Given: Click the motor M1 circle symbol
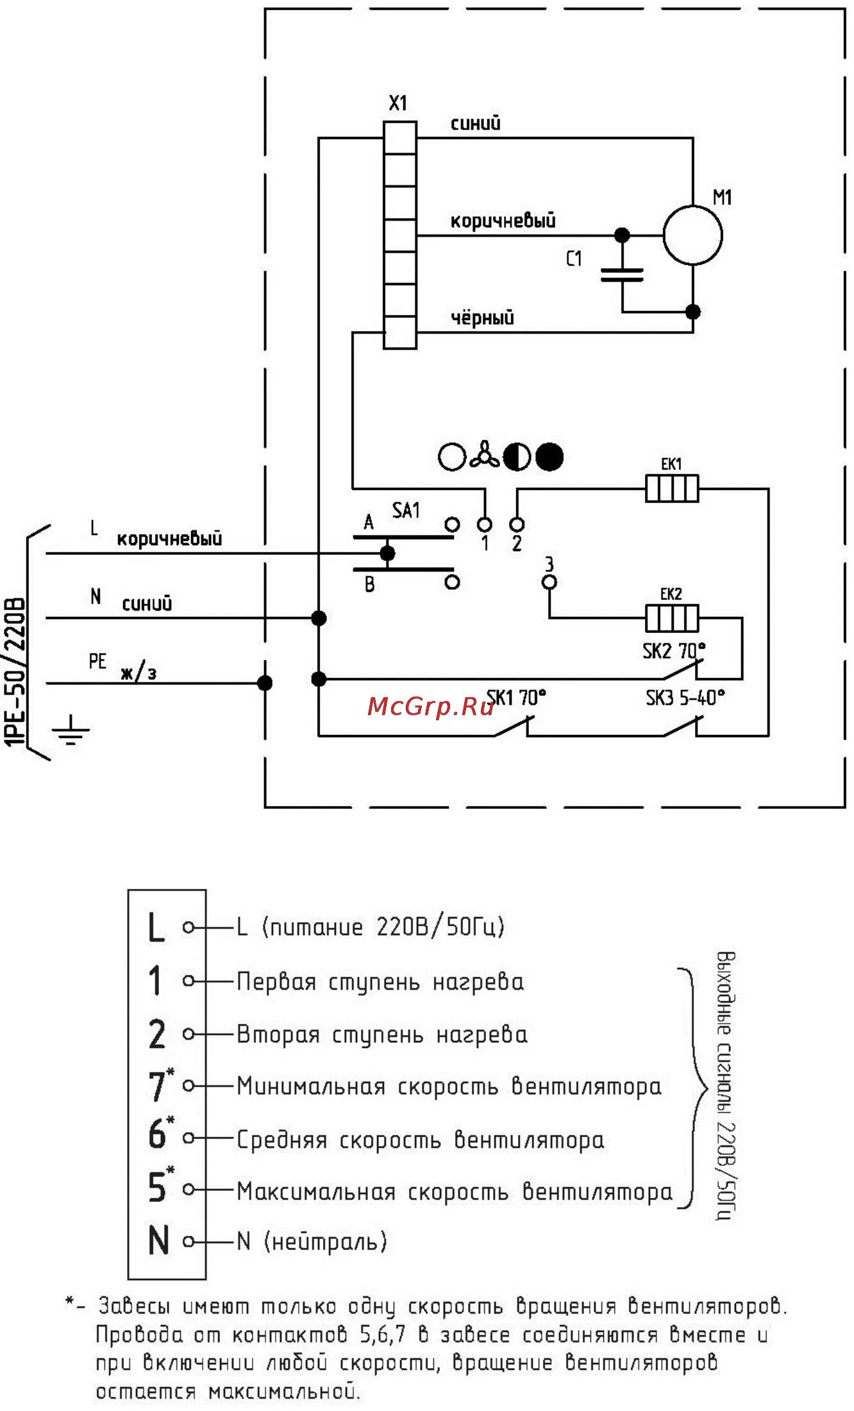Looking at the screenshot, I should [x=692, y=235].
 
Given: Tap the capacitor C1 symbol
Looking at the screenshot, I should [x=621, y=276].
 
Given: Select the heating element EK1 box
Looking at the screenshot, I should [x=671, y=488].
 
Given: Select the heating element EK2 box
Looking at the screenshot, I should [x=671, y=618].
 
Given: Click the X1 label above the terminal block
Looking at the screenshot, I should [x=398, y=103].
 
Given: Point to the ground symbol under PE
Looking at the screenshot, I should [x=71, y=730].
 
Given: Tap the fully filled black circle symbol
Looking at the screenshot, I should [x=549, y=457].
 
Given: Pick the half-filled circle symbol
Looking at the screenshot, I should [x=517, y=457].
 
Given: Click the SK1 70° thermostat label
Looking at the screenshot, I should [x=517, y=697].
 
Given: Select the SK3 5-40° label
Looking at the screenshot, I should [x=685, y=697].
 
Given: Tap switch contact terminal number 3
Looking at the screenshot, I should [x=549, y=581].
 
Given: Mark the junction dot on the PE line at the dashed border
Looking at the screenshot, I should [x=265, y=683].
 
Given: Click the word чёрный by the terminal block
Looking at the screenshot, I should [x=482, y=317].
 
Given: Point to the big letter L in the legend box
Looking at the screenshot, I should [x=156, y=927].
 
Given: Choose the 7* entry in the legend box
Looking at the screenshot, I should [x=159, y=1085].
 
